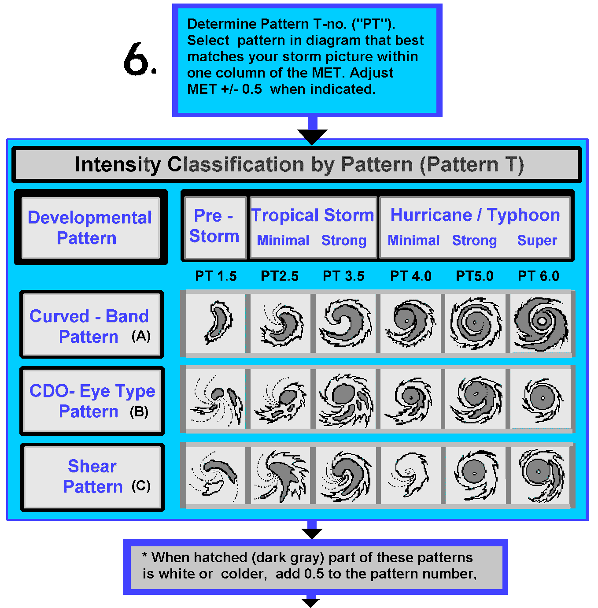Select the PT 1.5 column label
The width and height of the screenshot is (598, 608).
tap(216, 276)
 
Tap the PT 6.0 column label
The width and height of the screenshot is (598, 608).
tap(538, 276)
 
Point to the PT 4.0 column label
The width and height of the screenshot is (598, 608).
tap(410, 276)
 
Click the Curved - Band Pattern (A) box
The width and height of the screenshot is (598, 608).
tap(92, 324)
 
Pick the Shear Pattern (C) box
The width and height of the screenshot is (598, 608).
tap(92, 477)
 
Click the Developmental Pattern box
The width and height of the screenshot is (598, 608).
tap(90, 227)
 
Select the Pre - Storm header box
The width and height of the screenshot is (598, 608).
tap(214, 226)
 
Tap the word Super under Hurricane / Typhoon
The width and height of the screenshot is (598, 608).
tap(537, 241)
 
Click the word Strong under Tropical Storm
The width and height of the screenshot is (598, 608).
tap(343, 241)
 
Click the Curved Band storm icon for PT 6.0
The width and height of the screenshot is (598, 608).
tap(541, 323)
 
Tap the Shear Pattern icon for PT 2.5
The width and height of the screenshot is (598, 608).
tap(281, 475)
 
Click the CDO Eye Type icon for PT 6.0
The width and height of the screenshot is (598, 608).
tap(541, 399)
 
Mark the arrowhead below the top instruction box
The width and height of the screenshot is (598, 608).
tap(312, 136)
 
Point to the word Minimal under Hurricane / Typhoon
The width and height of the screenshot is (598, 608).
tap(413, 241)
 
